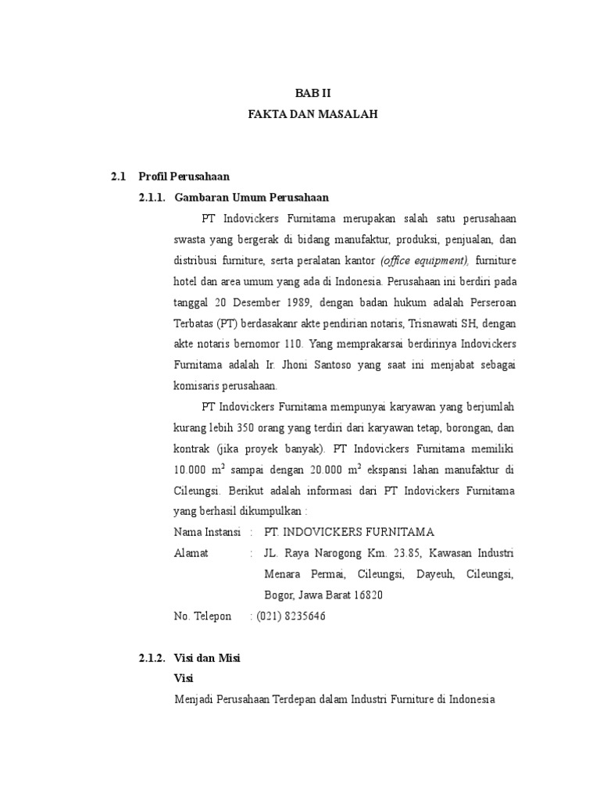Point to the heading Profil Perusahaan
[x=184, y=177]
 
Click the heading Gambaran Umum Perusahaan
[x=252, y=198]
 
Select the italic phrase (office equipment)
[x=424, y=260]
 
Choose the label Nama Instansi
[x=207, y=533]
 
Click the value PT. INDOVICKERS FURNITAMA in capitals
[x=348, y=533]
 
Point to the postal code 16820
[x=365, y=595]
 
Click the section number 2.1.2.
[x=152, y=659]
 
